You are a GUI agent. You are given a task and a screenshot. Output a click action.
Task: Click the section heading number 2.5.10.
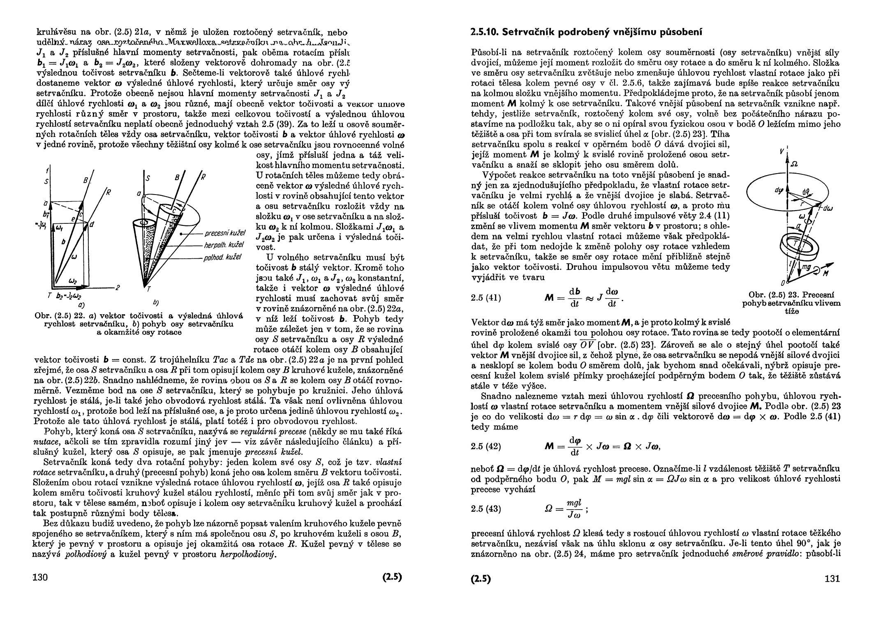click(x=485, y=32)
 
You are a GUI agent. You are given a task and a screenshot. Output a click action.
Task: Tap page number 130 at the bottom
click(x=40, y=578)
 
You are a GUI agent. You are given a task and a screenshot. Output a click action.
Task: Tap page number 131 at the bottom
click(x=832, y=579)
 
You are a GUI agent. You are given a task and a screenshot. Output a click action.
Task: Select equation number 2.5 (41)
click(x=486, y=298)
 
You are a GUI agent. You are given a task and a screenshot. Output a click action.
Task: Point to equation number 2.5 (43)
click(x=486, y=509)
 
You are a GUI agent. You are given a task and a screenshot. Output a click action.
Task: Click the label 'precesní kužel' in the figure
click(x=224, y=234)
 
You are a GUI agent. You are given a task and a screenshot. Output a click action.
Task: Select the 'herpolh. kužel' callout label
click(x=224, y=246)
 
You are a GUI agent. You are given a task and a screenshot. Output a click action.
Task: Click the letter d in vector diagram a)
click(x=91, y=224)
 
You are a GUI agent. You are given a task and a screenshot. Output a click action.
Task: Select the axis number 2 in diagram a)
click(x=118, y=287)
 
